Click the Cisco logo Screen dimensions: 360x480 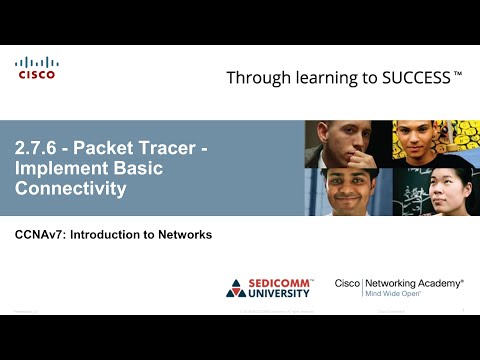(37, 68)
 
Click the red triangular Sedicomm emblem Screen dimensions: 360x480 (237, 288)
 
